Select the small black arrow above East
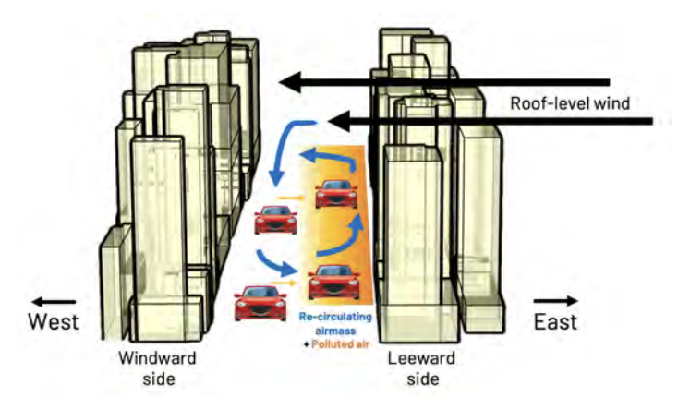(x=556, y=300)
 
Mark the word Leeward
(x=411, y=357)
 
